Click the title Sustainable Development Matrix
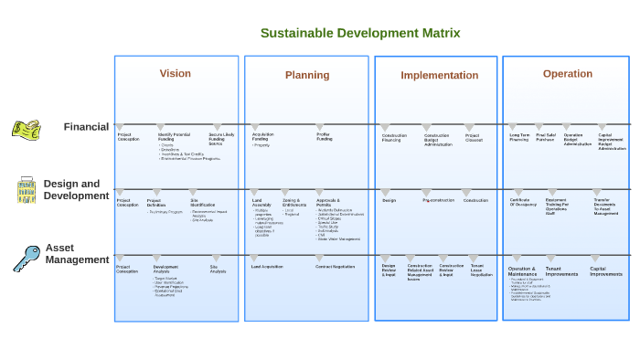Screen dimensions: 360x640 tap(359, 33)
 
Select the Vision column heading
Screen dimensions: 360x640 tap(176, 74)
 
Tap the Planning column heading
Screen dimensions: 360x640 tap(307, 75)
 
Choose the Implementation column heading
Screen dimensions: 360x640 tap(439, 75)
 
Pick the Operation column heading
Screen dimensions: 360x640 tap(567, 74)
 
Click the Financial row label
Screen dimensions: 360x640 tap(86, 127)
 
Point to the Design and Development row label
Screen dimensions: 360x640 tap(76, 190)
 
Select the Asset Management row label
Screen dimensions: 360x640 tap(77, 254)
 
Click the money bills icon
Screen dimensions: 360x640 tap(26, 129)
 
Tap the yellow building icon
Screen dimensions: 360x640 tap(27, 190)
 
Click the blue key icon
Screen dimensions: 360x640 tap(26, 258)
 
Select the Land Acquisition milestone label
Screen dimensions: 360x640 tap(267, 267)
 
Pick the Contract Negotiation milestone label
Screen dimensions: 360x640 tap(335, 267)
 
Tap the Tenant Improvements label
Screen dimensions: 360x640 tap(561, 271)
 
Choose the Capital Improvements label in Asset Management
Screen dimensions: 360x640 tap(605, 271)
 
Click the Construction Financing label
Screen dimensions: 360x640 tap(394, 138)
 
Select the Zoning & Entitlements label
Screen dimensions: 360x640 tap(294, 202)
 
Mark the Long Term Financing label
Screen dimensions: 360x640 tap(519, 137)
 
